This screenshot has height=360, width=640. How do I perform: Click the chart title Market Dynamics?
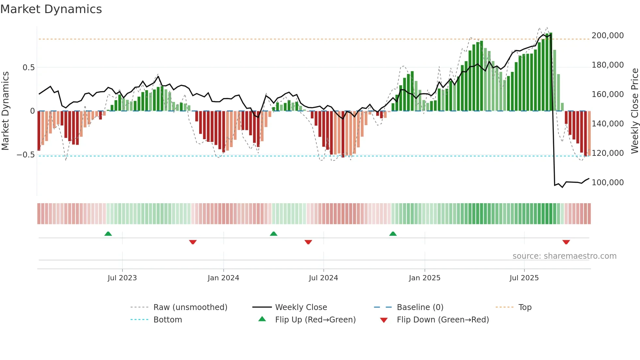point(51,9)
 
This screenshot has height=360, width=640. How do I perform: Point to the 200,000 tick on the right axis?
point(607,36)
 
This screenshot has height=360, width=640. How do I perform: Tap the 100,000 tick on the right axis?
point(607,183)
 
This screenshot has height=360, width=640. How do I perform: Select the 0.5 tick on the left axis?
point(28,68)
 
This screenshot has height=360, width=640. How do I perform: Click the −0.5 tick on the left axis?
point(26,155)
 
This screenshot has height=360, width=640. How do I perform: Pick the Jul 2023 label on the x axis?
point(122,278)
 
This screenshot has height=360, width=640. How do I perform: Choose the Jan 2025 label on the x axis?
point(424,278)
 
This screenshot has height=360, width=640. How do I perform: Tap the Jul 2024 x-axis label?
point(323,278)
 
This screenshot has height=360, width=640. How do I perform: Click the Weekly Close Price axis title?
point(634,111)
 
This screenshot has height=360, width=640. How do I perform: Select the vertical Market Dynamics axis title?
point(5,111)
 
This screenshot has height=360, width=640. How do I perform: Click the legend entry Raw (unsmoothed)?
point(190,307)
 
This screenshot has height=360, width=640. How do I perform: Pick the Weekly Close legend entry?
point(301,307)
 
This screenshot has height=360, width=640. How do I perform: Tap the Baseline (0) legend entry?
point(420,307)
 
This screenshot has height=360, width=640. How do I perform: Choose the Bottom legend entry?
point(168,320)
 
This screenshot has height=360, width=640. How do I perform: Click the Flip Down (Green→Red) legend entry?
point(442,320)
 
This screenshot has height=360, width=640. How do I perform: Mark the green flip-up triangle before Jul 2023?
point(108,234)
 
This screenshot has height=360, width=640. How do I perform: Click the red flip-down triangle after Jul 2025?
point(566,242)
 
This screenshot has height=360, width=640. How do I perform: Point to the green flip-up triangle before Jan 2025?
point(393,234)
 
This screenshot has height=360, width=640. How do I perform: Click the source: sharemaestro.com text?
point(564,256)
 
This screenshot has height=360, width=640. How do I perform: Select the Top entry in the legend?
point(525,307)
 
